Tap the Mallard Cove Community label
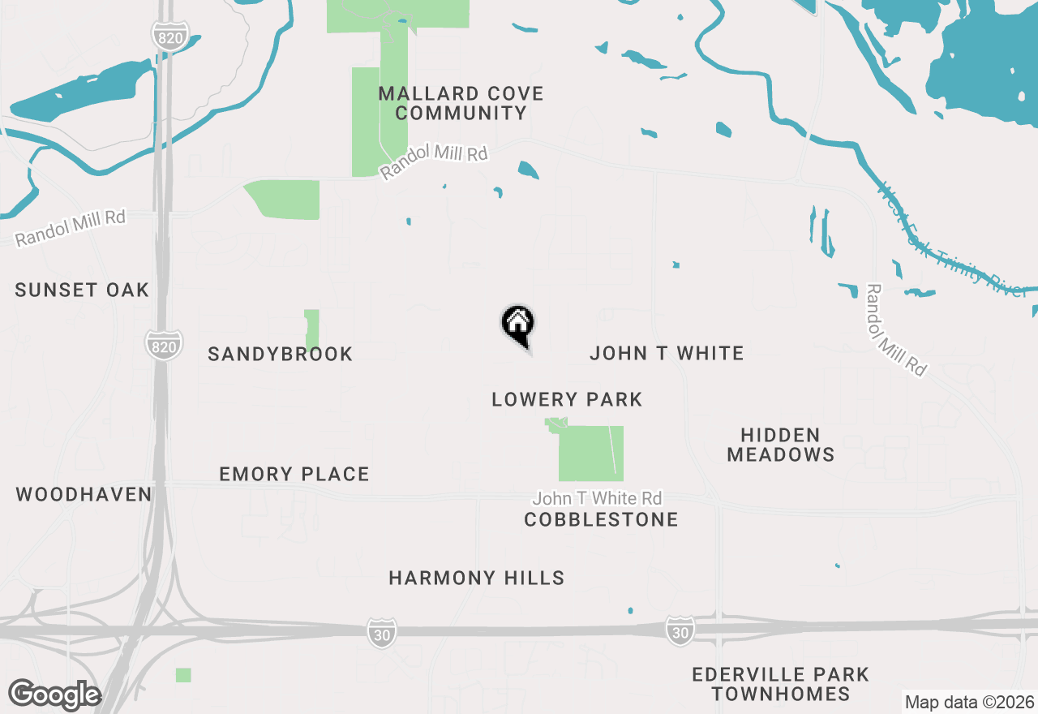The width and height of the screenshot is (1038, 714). [x=461, y=104]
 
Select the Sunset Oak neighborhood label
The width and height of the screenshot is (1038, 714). [x=82, y=290]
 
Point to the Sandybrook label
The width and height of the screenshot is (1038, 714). [x=281, y=354]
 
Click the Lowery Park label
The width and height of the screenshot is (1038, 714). [x=567, y=399]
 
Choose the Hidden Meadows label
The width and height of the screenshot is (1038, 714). [x=781, y=445]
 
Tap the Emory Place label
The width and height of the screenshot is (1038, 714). [x=294, y=474]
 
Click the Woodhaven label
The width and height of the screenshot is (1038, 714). [x=84, y=494]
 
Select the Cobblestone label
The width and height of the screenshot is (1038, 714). [x=601, y=519]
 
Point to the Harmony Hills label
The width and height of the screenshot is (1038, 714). [x=477, y=578]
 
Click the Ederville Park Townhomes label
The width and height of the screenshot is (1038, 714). [x=780, y=684]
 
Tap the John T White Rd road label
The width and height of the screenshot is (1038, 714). [x=597, y=498]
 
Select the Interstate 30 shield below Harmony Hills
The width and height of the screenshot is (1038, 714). [x=381, y=633]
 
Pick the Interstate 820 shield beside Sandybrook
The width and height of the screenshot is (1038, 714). [x=163, y=346]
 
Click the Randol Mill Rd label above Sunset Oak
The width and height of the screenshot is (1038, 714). [x=71, y=227]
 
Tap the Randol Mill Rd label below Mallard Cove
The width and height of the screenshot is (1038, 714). [x=435, y=160]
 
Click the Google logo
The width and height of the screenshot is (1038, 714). [x=54, y=695]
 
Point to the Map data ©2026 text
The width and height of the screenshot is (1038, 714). [x=969, y=703]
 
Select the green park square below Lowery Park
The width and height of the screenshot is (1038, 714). [x=591, y=454]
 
